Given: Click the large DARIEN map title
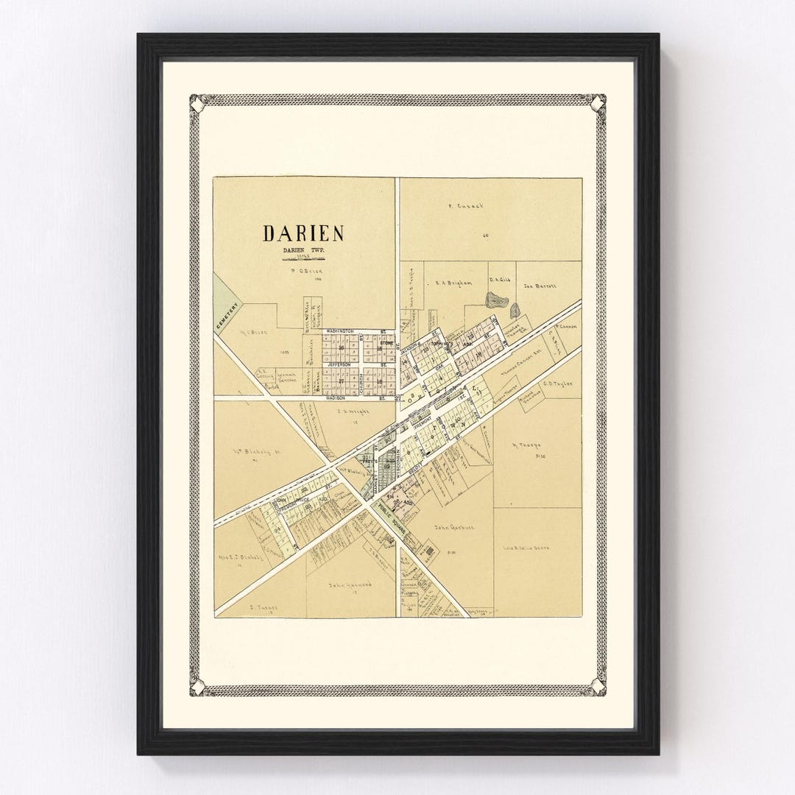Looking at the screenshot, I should (303, 233).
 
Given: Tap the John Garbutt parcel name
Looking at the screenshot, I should (451, 528).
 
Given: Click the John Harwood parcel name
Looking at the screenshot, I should (350, 584).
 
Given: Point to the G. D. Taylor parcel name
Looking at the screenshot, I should (558, 383).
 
